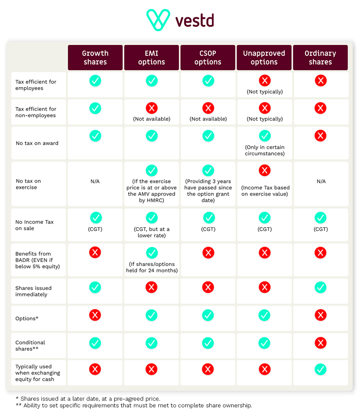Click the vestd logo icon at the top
pyautogui.click(x=158, y=20)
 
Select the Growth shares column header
pyautogui.click(x=95, y=58)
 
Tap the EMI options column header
pyautogui.click(x=152, y=58)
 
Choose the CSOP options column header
pyautogui.click(x=208, y=58)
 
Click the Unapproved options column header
pyautogui.click(x=264, y=58)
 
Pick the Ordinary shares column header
pyautogui.click(x=320, y=58)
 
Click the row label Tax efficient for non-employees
pyautogui.click(x=36, y=112)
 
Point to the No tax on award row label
pyautogui.click(x=37, y=143)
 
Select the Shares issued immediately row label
pyautogui.click(x=33, y=291)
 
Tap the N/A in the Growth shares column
pyautogui.click(x=95, y=181)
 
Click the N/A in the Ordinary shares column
pyautogui.click(x=321, y=181)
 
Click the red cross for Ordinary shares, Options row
pyautogui.click(x=320, y=316)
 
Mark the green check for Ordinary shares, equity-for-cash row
pyautogui.click(x=320, y=369)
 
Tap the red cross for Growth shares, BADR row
pyautogui.click(x=95, y=253)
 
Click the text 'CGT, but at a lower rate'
pyautogui.click(x=152, y=233)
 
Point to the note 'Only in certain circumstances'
pyautogui.click(x=265, y=150)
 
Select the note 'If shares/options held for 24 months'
pyautogui.click(x=152, y=268)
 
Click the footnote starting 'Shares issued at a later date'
pyautogui.click(x=88, y=399)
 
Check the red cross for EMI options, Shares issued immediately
pyautogui.click(x=152, y=287)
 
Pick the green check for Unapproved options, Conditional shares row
pyautogui.click(x=265, y=342)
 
